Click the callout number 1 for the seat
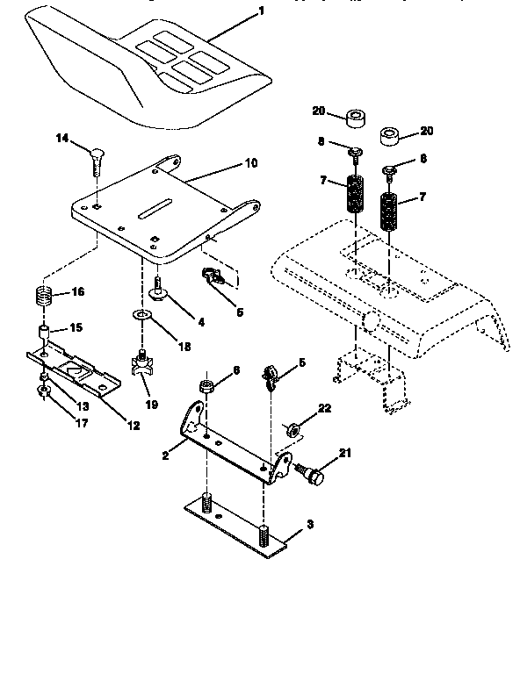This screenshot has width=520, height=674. (260, 12)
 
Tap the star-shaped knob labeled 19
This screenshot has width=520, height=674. (141, 362)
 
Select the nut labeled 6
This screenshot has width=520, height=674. (206, 385)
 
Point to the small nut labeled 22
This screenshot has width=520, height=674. (292, 429)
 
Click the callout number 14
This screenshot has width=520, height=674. (61, 139)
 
